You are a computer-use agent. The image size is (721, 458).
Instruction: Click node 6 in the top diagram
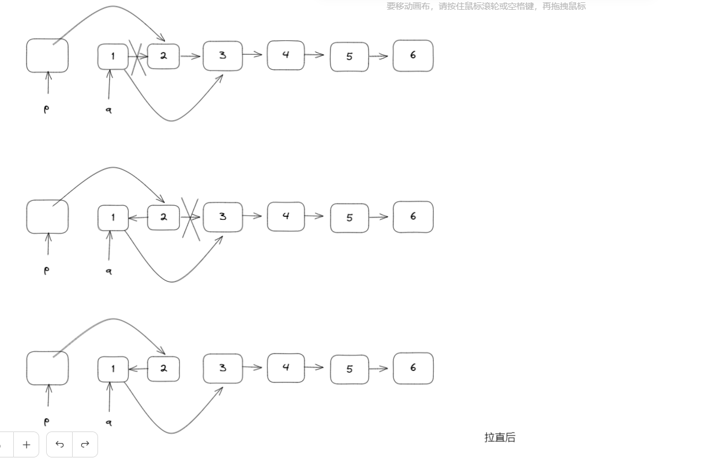[413, 56]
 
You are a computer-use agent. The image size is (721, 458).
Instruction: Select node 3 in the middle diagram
[223, 217]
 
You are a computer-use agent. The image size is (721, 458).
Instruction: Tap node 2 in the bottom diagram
[163, 369]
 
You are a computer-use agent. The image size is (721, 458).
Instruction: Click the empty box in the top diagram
[47, 56]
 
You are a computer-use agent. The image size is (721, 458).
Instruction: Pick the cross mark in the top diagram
[137, 57]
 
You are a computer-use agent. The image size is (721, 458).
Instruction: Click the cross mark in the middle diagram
[190, 219]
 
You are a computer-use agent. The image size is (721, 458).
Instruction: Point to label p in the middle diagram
[47, 270]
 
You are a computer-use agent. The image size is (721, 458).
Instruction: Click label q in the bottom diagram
[108, 422]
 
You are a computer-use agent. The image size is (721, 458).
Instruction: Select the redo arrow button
[85, 444]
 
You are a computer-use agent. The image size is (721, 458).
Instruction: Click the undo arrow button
[59, 444]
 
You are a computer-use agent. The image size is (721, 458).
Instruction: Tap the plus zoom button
[26, 444]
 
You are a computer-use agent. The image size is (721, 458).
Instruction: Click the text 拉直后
[500, 437]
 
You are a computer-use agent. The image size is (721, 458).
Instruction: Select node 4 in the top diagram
[286, 55]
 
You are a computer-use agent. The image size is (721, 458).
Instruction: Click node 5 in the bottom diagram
[350, 369]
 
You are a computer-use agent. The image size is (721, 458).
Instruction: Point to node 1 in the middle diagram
[113, 217]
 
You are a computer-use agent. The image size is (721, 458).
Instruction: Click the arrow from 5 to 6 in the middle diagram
[378, 217]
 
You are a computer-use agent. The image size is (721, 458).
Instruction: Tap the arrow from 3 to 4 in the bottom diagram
[253, 367]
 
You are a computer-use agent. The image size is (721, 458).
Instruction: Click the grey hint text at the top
[486, 6]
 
